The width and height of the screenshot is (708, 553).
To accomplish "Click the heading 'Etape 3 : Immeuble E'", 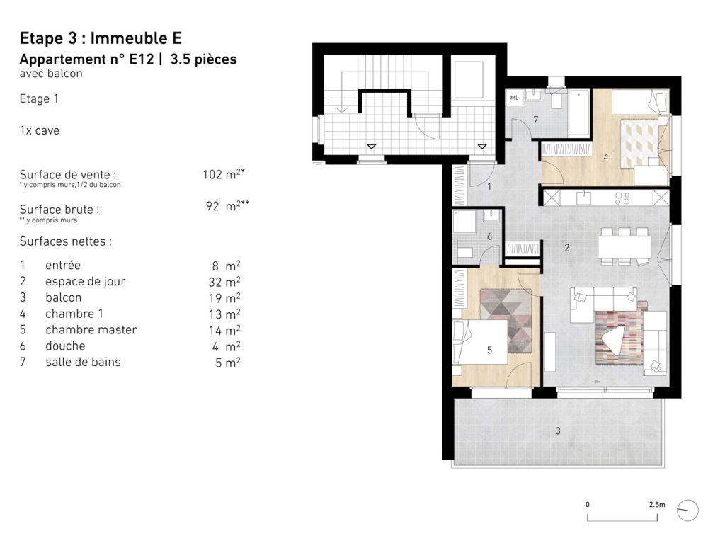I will click(101, 38).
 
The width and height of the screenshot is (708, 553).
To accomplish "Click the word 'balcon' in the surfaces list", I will click(63, 297).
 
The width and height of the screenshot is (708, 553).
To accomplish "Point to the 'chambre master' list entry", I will click(91, 330).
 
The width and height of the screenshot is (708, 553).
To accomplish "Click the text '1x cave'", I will click(40, 131).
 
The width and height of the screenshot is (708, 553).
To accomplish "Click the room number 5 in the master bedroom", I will click(489, 348).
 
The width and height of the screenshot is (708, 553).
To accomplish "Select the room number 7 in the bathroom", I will click(535, 119).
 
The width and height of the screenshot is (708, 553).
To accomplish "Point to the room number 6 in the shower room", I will click(489, 236).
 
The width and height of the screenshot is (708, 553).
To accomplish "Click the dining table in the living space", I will click(624, 246).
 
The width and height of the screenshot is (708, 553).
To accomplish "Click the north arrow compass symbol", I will click(687, 510).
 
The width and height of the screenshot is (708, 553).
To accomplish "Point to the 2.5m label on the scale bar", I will click(656, 505).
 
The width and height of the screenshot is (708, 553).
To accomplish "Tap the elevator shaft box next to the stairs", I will click(467, 80).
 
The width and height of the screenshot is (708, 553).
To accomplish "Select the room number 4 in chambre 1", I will click(606, 157).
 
